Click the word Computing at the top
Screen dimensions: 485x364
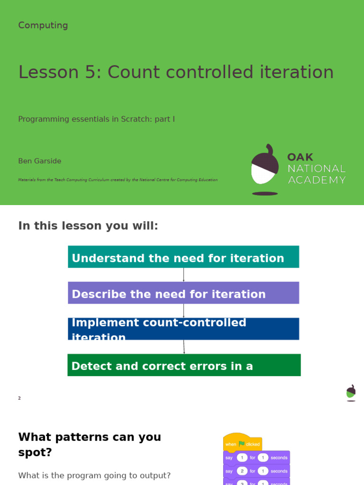coord(43,26)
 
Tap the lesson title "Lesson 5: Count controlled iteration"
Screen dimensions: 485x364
coord(176,72)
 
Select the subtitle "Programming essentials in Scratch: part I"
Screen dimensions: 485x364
coord(96,119)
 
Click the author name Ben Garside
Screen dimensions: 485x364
coord(40,161)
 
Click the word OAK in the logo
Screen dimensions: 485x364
coord(300,157)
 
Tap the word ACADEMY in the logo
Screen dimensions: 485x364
coord(317,180)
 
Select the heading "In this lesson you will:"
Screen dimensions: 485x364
coord(88,226)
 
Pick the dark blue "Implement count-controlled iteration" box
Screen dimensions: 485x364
coord(183,329)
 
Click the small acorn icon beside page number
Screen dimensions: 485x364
coord(351,393)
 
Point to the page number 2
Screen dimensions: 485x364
coord(19,398)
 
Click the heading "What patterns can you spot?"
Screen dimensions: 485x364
coord(90,444)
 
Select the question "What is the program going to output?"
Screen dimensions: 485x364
coord(94,476)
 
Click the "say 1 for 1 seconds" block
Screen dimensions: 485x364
coord(256,458)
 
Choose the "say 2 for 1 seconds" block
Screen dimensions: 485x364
coord(256,471)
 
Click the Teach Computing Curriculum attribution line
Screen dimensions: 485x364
coord(118,180)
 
